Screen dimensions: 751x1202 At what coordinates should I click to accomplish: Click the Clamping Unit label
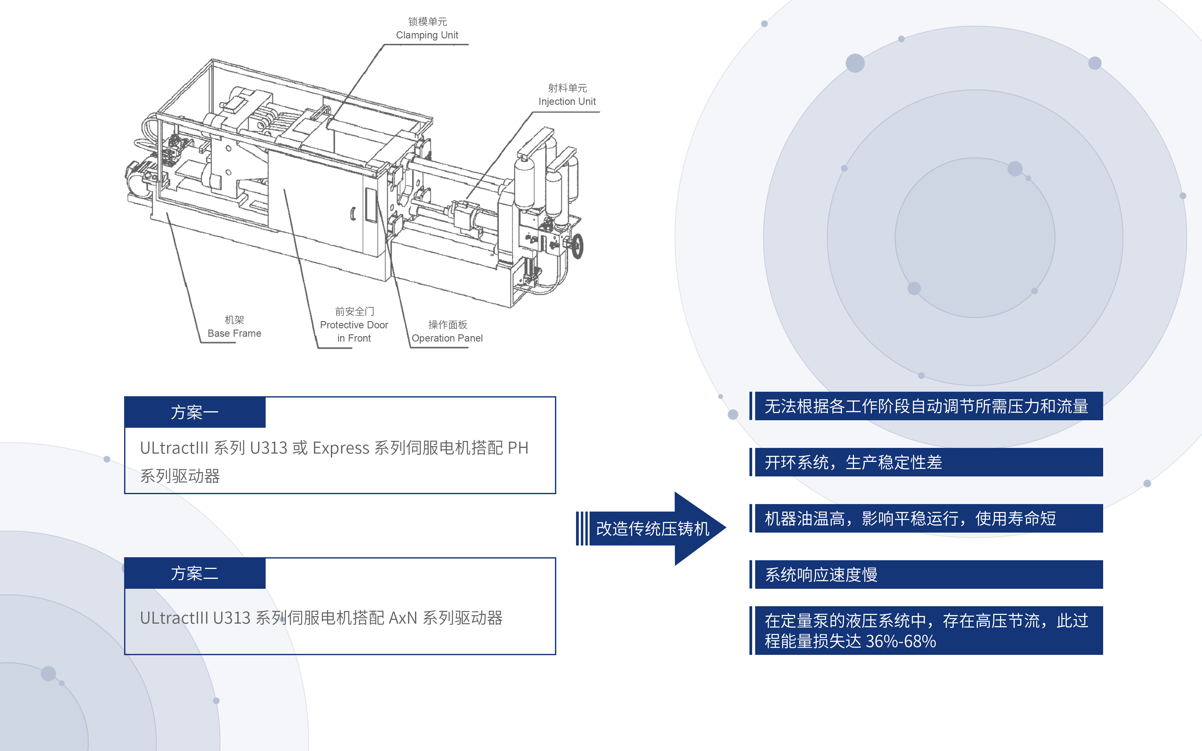pyautogui.click(x=427, y=35)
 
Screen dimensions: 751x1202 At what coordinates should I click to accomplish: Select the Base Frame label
pyautogui.click(x=234, y=333)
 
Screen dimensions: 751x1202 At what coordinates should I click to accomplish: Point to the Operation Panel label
pyautogui.click(x=447, y=338)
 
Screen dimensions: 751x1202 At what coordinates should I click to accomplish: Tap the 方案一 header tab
pyautogui.click(x=195, y=412)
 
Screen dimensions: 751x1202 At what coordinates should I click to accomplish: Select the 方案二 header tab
pyautogui.click(x=195, y=573)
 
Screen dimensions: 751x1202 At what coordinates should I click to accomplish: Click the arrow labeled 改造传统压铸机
pyautogui.click(x=652, y=528)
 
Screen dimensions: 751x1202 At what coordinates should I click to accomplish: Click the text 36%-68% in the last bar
pyautogui.click(x=901, y=641)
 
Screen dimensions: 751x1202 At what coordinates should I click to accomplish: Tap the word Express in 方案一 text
pyautogui.click(x=341, y=448)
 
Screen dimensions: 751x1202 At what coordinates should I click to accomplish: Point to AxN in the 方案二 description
pyautogui.click(x=403, y=618)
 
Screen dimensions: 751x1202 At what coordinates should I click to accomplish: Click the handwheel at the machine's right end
pyautogui.click(x=577, y=246)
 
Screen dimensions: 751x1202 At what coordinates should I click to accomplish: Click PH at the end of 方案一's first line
pyautogui.click(x=518, y=448)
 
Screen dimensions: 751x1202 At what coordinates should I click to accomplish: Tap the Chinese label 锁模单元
pyautogui.click(x=427, y=21)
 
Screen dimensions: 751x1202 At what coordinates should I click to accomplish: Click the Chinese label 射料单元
pyautogui.click(x=567, y=88)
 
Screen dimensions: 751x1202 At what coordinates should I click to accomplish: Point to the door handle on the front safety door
pyautogui.click(x=353, y=214)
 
